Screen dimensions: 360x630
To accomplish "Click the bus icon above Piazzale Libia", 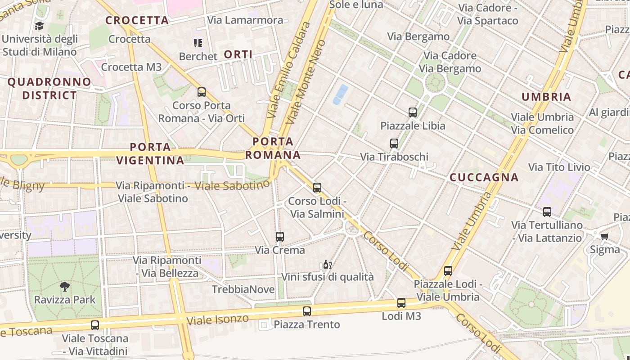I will coord(413,112).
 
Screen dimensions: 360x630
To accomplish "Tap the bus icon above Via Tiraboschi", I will coord(394,144).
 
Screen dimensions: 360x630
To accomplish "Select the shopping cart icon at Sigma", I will coord(604,236).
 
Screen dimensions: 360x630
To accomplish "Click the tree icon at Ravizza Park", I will coord(65,286).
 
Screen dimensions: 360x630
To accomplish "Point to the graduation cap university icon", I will coord(40,26).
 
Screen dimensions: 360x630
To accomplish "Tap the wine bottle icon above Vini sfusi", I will coord(327,264).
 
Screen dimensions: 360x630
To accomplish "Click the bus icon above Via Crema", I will coord(280,236).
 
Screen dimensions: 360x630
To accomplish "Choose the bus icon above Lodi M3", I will coord(401,303).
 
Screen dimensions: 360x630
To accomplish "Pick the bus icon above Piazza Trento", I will coord(307,311).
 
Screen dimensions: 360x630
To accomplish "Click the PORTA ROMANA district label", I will coord(273,148).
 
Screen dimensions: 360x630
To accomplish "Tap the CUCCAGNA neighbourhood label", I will coord(484,177).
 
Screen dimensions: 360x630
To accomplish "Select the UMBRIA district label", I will coord(546,97).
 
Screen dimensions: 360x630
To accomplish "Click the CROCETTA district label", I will coord(137,20).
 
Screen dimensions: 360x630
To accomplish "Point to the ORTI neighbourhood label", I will coord(238,54).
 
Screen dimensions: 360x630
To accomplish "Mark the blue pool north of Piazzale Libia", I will coord(340,94).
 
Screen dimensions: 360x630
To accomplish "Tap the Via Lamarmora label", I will coord(245,20).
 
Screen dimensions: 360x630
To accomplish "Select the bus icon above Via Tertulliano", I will coord(547,211).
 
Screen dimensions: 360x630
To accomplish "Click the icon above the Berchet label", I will coord(198,43).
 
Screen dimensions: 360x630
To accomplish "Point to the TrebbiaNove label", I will coord(243,289).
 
